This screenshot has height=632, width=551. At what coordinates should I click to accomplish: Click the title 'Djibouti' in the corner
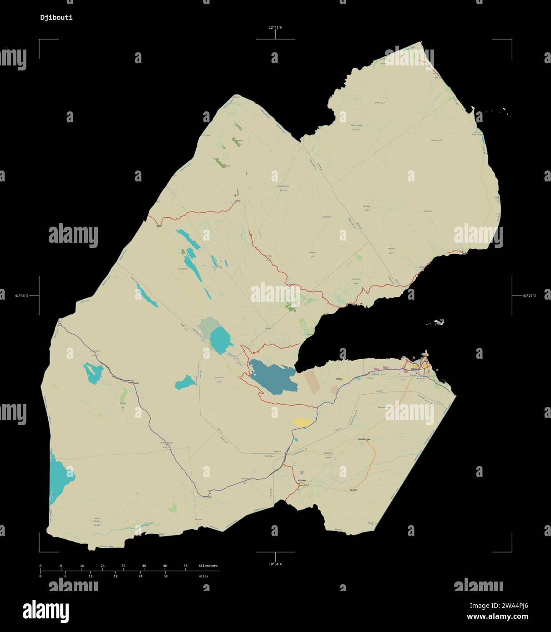coord(56,18)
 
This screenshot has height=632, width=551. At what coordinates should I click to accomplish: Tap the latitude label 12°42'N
coord(275,27)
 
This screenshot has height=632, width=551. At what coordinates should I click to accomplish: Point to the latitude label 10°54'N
coord(275,564)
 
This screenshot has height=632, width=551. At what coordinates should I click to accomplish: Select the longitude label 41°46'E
coord(21,296)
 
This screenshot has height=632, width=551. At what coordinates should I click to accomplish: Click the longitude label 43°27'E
coord(529,296)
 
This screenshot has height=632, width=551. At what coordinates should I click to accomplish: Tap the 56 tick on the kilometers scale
coord(186,566)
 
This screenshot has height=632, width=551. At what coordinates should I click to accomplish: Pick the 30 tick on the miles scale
coord(166,576)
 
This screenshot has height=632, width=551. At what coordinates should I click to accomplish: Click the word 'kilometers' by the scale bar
coord(208,566)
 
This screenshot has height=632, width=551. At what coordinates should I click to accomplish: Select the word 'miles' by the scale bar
coord(203,576)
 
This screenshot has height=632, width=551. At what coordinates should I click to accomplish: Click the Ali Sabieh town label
coord(302,480)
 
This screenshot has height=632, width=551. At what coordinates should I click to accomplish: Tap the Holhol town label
coord(362,439)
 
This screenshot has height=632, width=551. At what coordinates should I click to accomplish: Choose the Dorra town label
coord(237,201)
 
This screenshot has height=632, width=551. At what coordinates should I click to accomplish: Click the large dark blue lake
coord(271,376)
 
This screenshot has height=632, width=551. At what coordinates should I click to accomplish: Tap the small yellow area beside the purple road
coord(303,422)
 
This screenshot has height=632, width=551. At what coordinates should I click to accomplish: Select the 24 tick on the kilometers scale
coord(102,566)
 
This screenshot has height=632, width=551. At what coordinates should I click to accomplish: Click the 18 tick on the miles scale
coord(116,576)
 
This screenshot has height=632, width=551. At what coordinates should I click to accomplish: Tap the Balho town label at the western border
coord(158,225)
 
